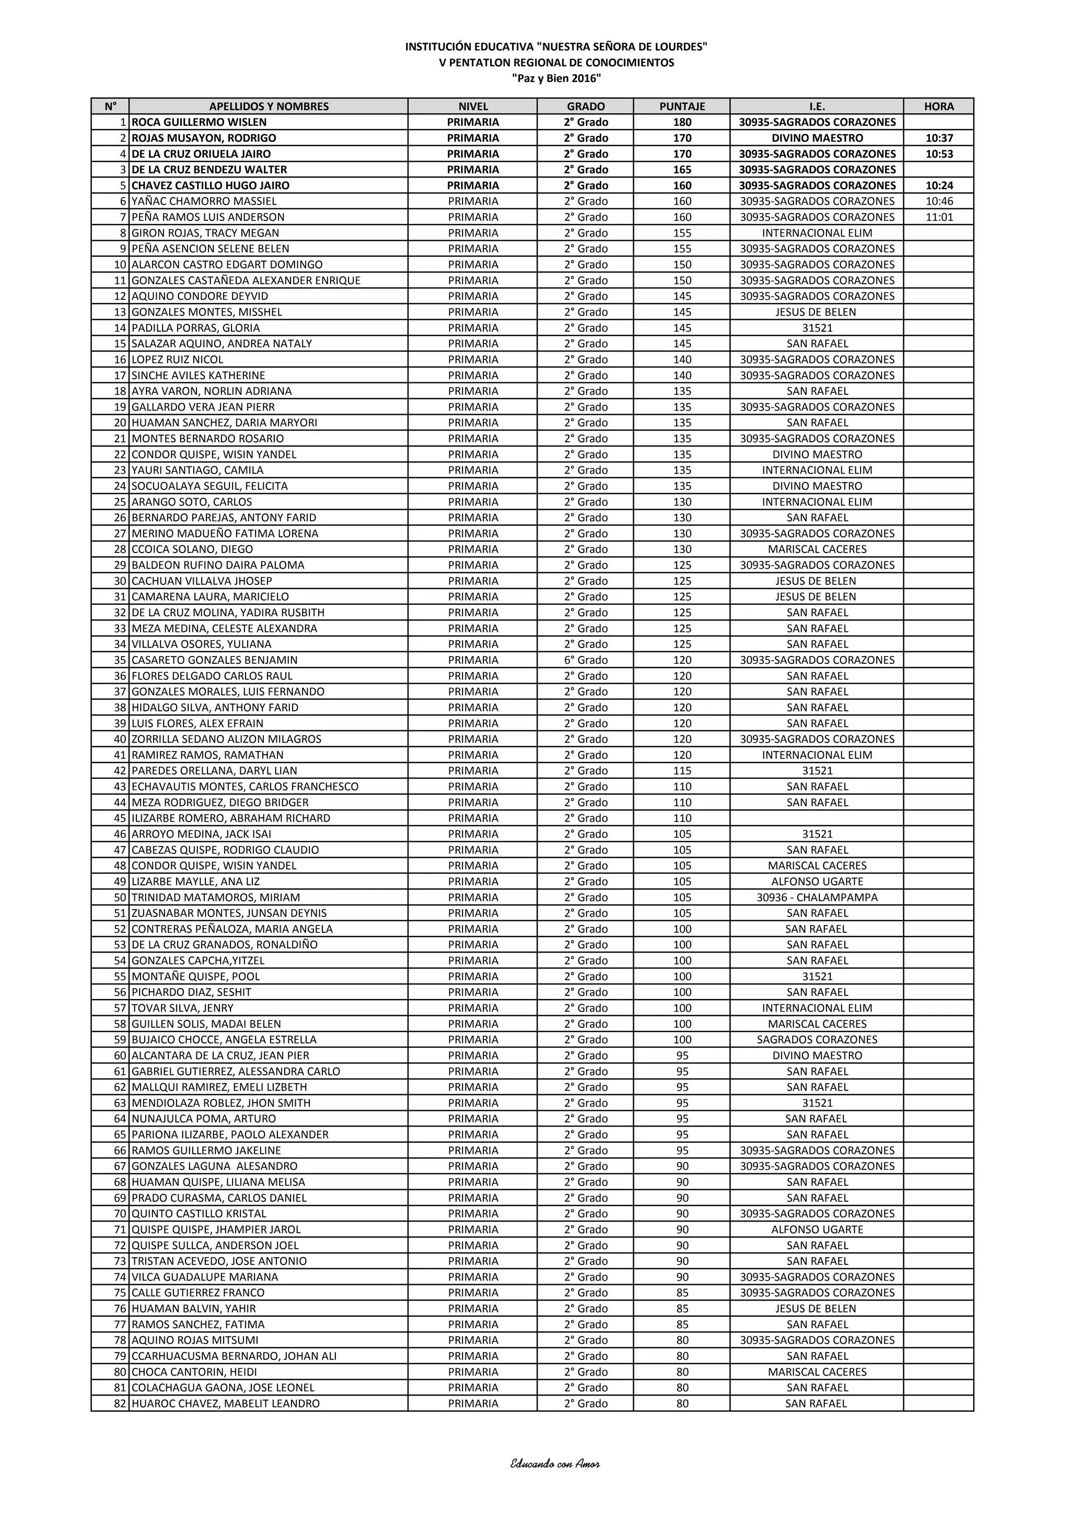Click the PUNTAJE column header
pos(682,106)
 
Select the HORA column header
pos(938,106)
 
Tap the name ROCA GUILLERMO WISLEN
pos(199,122)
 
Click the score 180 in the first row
pos(682,122)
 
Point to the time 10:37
pos(939,138)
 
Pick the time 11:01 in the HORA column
pos(939,217)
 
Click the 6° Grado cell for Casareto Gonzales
pos(586,660)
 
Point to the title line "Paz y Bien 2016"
pos(556,78)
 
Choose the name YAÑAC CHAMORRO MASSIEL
pos(204,201)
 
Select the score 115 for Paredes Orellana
pos(682,770)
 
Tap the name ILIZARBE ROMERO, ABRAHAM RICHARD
pos(231,818)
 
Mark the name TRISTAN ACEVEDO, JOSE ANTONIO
pos(219,1261)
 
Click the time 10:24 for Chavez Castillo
pos(939,185)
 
